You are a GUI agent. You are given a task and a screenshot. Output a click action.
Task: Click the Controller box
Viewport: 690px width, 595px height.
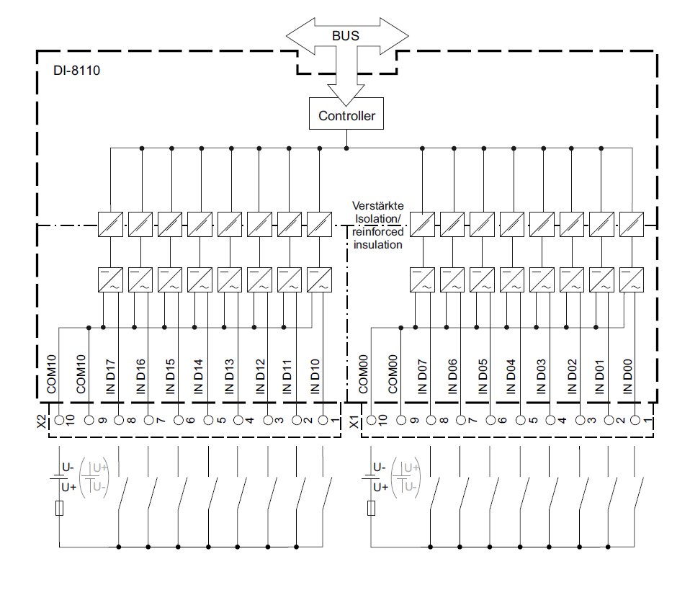[x=346, y=115]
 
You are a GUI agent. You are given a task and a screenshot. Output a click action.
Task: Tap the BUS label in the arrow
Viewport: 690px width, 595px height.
[x=346, y=35]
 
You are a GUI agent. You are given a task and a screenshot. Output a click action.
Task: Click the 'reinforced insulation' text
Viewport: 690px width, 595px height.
[x=377, y=238]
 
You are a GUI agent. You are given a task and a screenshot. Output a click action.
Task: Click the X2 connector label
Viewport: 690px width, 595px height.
[x=42, y=421]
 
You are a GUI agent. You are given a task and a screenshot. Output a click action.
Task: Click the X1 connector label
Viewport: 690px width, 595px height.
[x=354, y=421]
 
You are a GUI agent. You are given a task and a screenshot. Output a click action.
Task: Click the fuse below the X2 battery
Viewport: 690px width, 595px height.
[x=59, y=509]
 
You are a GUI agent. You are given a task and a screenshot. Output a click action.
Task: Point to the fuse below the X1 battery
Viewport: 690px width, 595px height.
[x=371, y=509]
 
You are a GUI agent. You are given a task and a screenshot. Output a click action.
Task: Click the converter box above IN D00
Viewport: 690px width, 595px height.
[x=631, y=279]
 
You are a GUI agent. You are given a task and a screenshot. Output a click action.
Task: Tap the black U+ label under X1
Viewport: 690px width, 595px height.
[x=380, y=488]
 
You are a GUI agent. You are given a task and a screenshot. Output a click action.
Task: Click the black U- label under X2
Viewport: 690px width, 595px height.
[x=68, y=467]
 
